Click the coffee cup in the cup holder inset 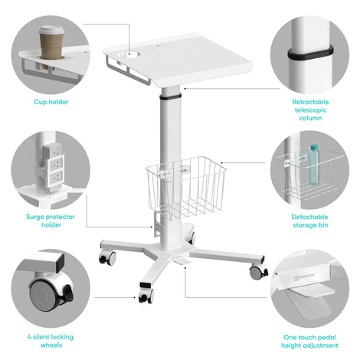[51, 44]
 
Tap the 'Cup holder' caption [51, 102]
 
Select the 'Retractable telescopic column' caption [310, 110]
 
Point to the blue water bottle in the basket [314, 165]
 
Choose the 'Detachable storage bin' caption [310, 221]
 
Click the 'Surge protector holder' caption [51, 221]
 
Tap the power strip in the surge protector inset [53, 166]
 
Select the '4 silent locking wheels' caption [51, 341]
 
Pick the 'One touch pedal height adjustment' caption [309, 341]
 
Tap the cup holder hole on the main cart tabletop [129, 54]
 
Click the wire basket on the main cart [186, 187]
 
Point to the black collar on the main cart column [171, 97]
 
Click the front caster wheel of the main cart [146, 296]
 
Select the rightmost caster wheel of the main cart [258, 272]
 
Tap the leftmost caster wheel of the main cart [107, 257]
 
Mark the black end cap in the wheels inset [60, 263]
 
